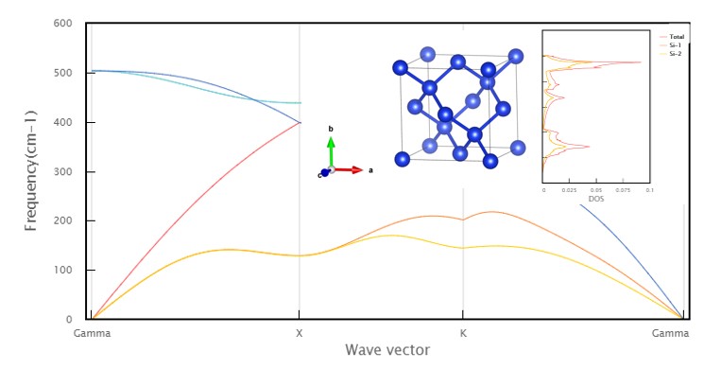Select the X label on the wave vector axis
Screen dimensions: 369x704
tap(300, 334)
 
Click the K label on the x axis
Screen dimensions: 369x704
tap(462, 334)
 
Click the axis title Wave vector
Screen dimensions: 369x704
tap(386, 350)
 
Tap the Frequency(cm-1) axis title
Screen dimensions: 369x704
tap(32, 170)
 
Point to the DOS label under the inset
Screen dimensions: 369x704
tap(596, 199)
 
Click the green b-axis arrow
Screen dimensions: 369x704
tap(331, 151)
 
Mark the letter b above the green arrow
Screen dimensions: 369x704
tap(331, 128)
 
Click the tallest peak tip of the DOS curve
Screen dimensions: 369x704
tap(642, 62)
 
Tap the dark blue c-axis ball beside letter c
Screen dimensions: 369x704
tap(322, 174)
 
